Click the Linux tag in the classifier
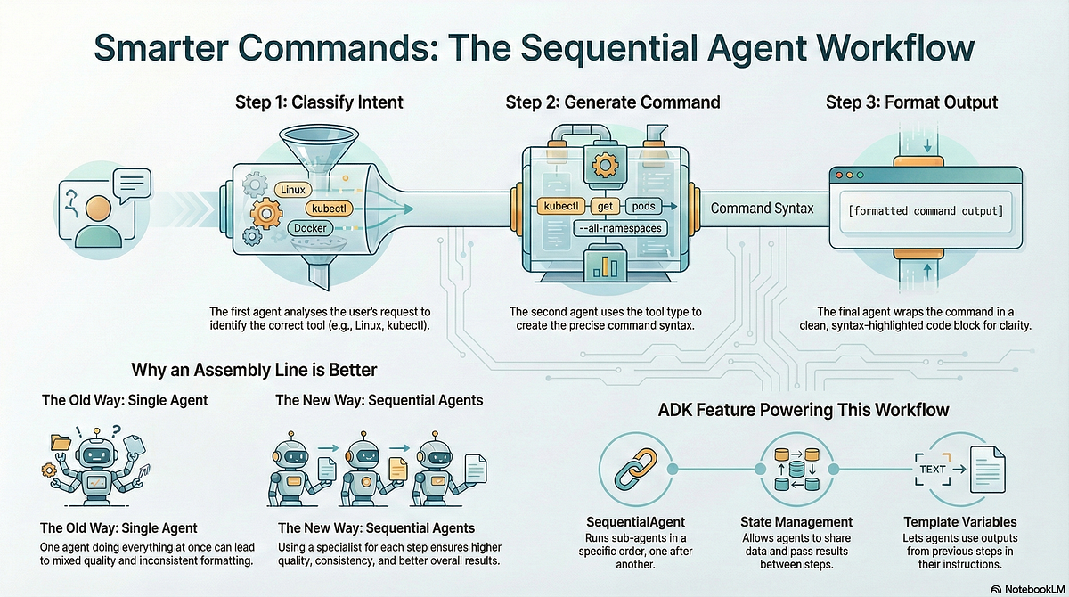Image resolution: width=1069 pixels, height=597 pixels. tap(292, 190)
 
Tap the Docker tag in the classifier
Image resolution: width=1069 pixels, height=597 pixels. tap(310, 228)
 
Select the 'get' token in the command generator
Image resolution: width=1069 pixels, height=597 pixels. tap(605, 206)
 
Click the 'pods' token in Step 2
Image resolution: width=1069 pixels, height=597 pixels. tap(643, 206)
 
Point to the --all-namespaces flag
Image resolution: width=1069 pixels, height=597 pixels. tap(620, 228)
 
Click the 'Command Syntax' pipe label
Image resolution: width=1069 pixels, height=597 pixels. tap(762, 209)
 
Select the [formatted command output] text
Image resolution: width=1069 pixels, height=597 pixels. tap(926, 211)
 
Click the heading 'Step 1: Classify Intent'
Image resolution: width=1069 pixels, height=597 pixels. tap(319, 102)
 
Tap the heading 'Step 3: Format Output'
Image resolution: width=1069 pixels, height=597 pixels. tap(911, 102)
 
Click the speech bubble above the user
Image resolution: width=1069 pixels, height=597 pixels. tap(132, 184)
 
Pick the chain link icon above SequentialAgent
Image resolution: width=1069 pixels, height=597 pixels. tap(635, 469)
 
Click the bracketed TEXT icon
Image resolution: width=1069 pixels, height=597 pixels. tap(933, 469)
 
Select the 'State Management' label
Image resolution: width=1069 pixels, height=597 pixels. tap(796, 522)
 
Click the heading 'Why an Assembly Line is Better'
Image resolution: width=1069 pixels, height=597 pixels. tap(255, 370)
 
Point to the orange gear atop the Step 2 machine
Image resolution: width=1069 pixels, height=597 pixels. tap(605, 165)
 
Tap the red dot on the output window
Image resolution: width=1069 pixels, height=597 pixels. tap(838, 176)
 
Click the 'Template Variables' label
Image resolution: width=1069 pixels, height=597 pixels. tap(960, 522)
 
